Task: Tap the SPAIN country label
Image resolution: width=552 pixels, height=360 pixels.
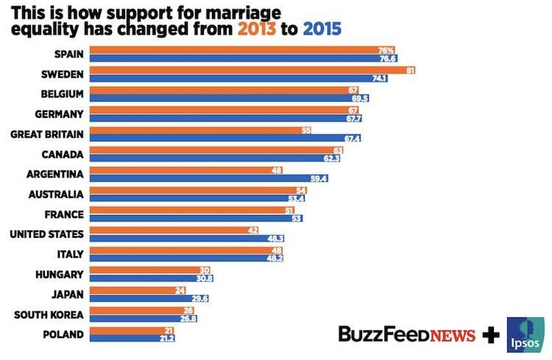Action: tap(71, 54)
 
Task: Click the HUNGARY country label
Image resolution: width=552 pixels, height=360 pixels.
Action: tap(60, 275)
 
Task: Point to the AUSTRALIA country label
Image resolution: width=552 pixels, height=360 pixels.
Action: tap(54, 194)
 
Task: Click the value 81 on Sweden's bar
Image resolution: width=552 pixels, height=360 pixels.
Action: tap(411, 70)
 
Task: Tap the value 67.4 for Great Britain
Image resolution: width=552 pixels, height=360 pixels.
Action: tap(352, 138)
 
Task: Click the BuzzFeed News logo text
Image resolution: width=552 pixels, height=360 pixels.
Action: tap(406, 334)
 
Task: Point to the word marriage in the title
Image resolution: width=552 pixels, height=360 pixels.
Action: tap(238, 13)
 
